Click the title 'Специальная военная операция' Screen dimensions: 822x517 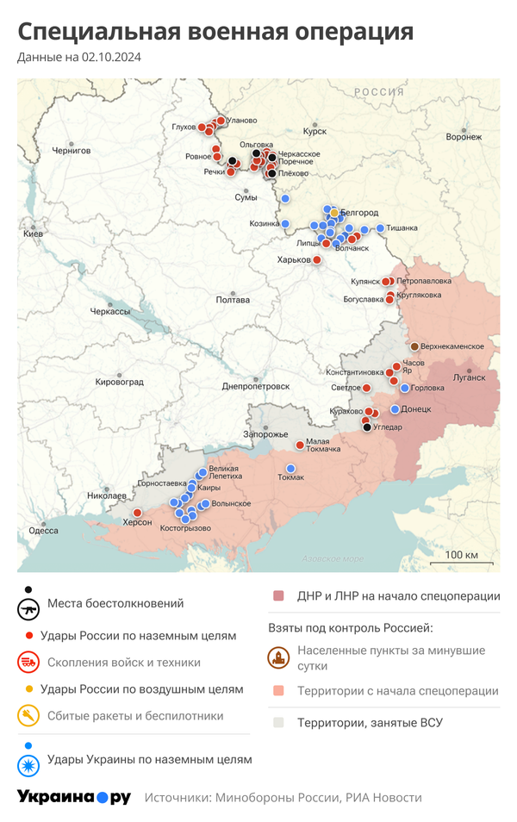coord(215,32)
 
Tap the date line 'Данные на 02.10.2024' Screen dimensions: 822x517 coord(79,58)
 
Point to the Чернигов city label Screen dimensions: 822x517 coord(71,150)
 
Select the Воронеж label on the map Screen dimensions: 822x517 coord(464,137)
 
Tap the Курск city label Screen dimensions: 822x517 coord(315,131)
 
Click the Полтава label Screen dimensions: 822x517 coord(233,300)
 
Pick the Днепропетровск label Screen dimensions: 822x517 coord(255,387)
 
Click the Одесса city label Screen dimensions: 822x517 coord(43,531)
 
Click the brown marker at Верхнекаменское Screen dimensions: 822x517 coord(414,346)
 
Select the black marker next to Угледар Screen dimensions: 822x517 coord(367,427)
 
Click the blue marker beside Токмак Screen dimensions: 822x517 coord(290,468)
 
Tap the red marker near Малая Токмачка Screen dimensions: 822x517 coord(299,445)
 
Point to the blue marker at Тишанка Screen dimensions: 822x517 coord(380,228)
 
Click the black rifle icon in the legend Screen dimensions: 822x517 coord(29,609)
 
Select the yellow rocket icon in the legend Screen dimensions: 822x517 coord(29,715)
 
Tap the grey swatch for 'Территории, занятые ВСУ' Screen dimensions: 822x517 coord(278,722)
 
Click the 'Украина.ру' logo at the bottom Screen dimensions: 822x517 coord(74,797)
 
